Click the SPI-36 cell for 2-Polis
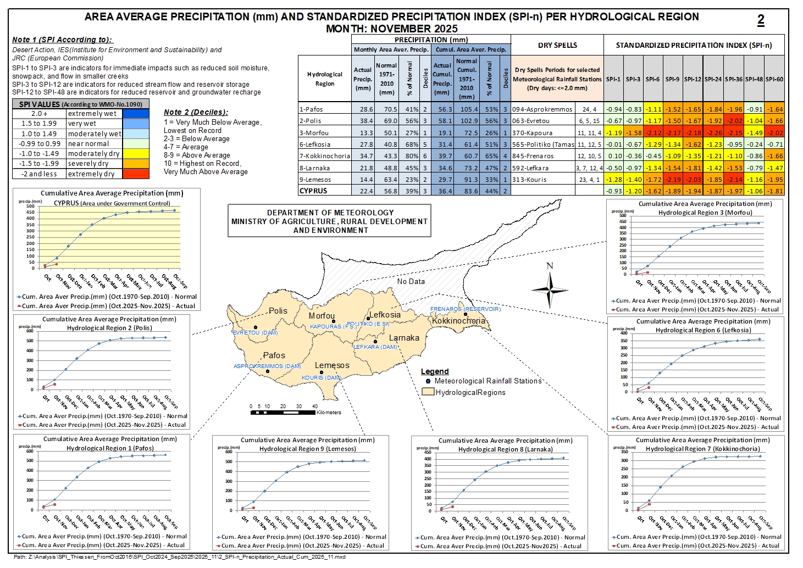(x=734, y=121)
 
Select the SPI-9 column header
(x=672, y=79)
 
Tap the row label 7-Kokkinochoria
(x=324, y=156)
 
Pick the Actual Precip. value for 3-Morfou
(x=363, y=132)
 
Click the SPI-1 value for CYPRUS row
(x=613, y=191)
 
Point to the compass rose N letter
(x=550, y=266)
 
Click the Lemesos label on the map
(x=332, y=365)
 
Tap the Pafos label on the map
(x=274, y=355)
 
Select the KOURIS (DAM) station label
(x=322, y=378)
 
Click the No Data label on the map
(x=411, y=281)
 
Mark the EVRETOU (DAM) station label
(x=254, y=333)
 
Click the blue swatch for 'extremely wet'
(x=136, y=114)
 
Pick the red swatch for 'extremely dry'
(x=136, y=174)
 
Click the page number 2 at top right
(x=761, y=20)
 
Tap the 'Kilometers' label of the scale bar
(x=329, y=413)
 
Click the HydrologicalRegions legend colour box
(x=428, y=392)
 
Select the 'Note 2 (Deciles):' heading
(x=196, y=112)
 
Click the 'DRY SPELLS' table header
(x=557, y=45)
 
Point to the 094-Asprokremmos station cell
(x=542, y=109)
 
